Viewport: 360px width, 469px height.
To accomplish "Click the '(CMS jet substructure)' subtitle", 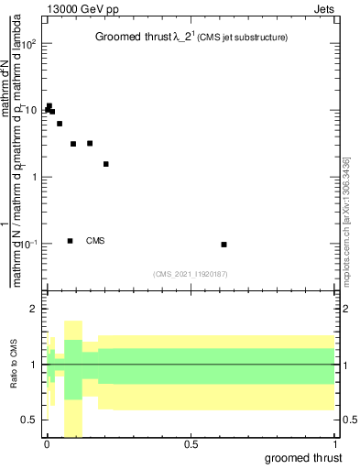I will [x=238, y=38].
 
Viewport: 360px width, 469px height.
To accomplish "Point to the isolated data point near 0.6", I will [x=224, y=245].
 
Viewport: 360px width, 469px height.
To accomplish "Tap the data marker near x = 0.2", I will [x=106, y=164].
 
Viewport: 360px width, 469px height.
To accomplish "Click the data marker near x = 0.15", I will [x=90, y=143].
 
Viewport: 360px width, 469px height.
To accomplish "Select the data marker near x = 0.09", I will [x=73, y=144].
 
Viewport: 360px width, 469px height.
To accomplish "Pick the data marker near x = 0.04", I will [x=60, y=124].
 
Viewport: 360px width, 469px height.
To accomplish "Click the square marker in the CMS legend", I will [x=70, y=241].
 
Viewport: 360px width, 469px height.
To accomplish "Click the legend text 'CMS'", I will [x=95, y=241].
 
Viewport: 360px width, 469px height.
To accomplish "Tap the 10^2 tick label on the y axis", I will [x=28, y=44].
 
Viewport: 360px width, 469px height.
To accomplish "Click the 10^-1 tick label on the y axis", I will [x=28, y=244].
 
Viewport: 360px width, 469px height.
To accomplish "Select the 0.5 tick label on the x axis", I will [x=191, y=444].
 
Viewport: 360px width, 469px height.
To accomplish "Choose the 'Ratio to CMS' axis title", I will [x=15, y=365].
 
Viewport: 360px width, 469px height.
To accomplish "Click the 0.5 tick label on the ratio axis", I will [x=30, y=420].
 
